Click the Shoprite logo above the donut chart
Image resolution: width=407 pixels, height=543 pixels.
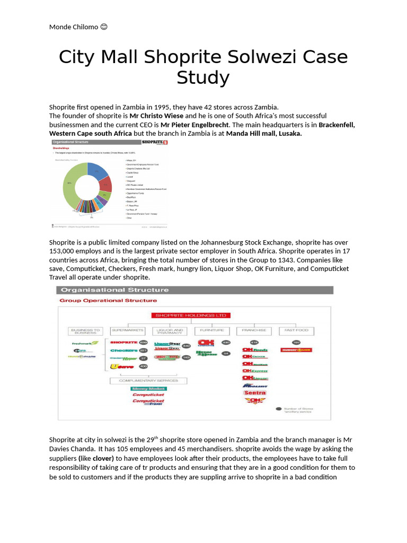[x=155, y=143]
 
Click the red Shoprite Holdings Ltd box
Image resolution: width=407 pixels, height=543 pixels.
[x=191, y=315]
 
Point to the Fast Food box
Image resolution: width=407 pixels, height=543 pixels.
[x=296, y=330]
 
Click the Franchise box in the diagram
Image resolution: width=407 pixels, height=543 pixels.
[x=253, y=330]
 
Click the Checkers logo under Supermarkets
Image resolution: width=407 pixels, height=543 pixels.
[x=123, y=351]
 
